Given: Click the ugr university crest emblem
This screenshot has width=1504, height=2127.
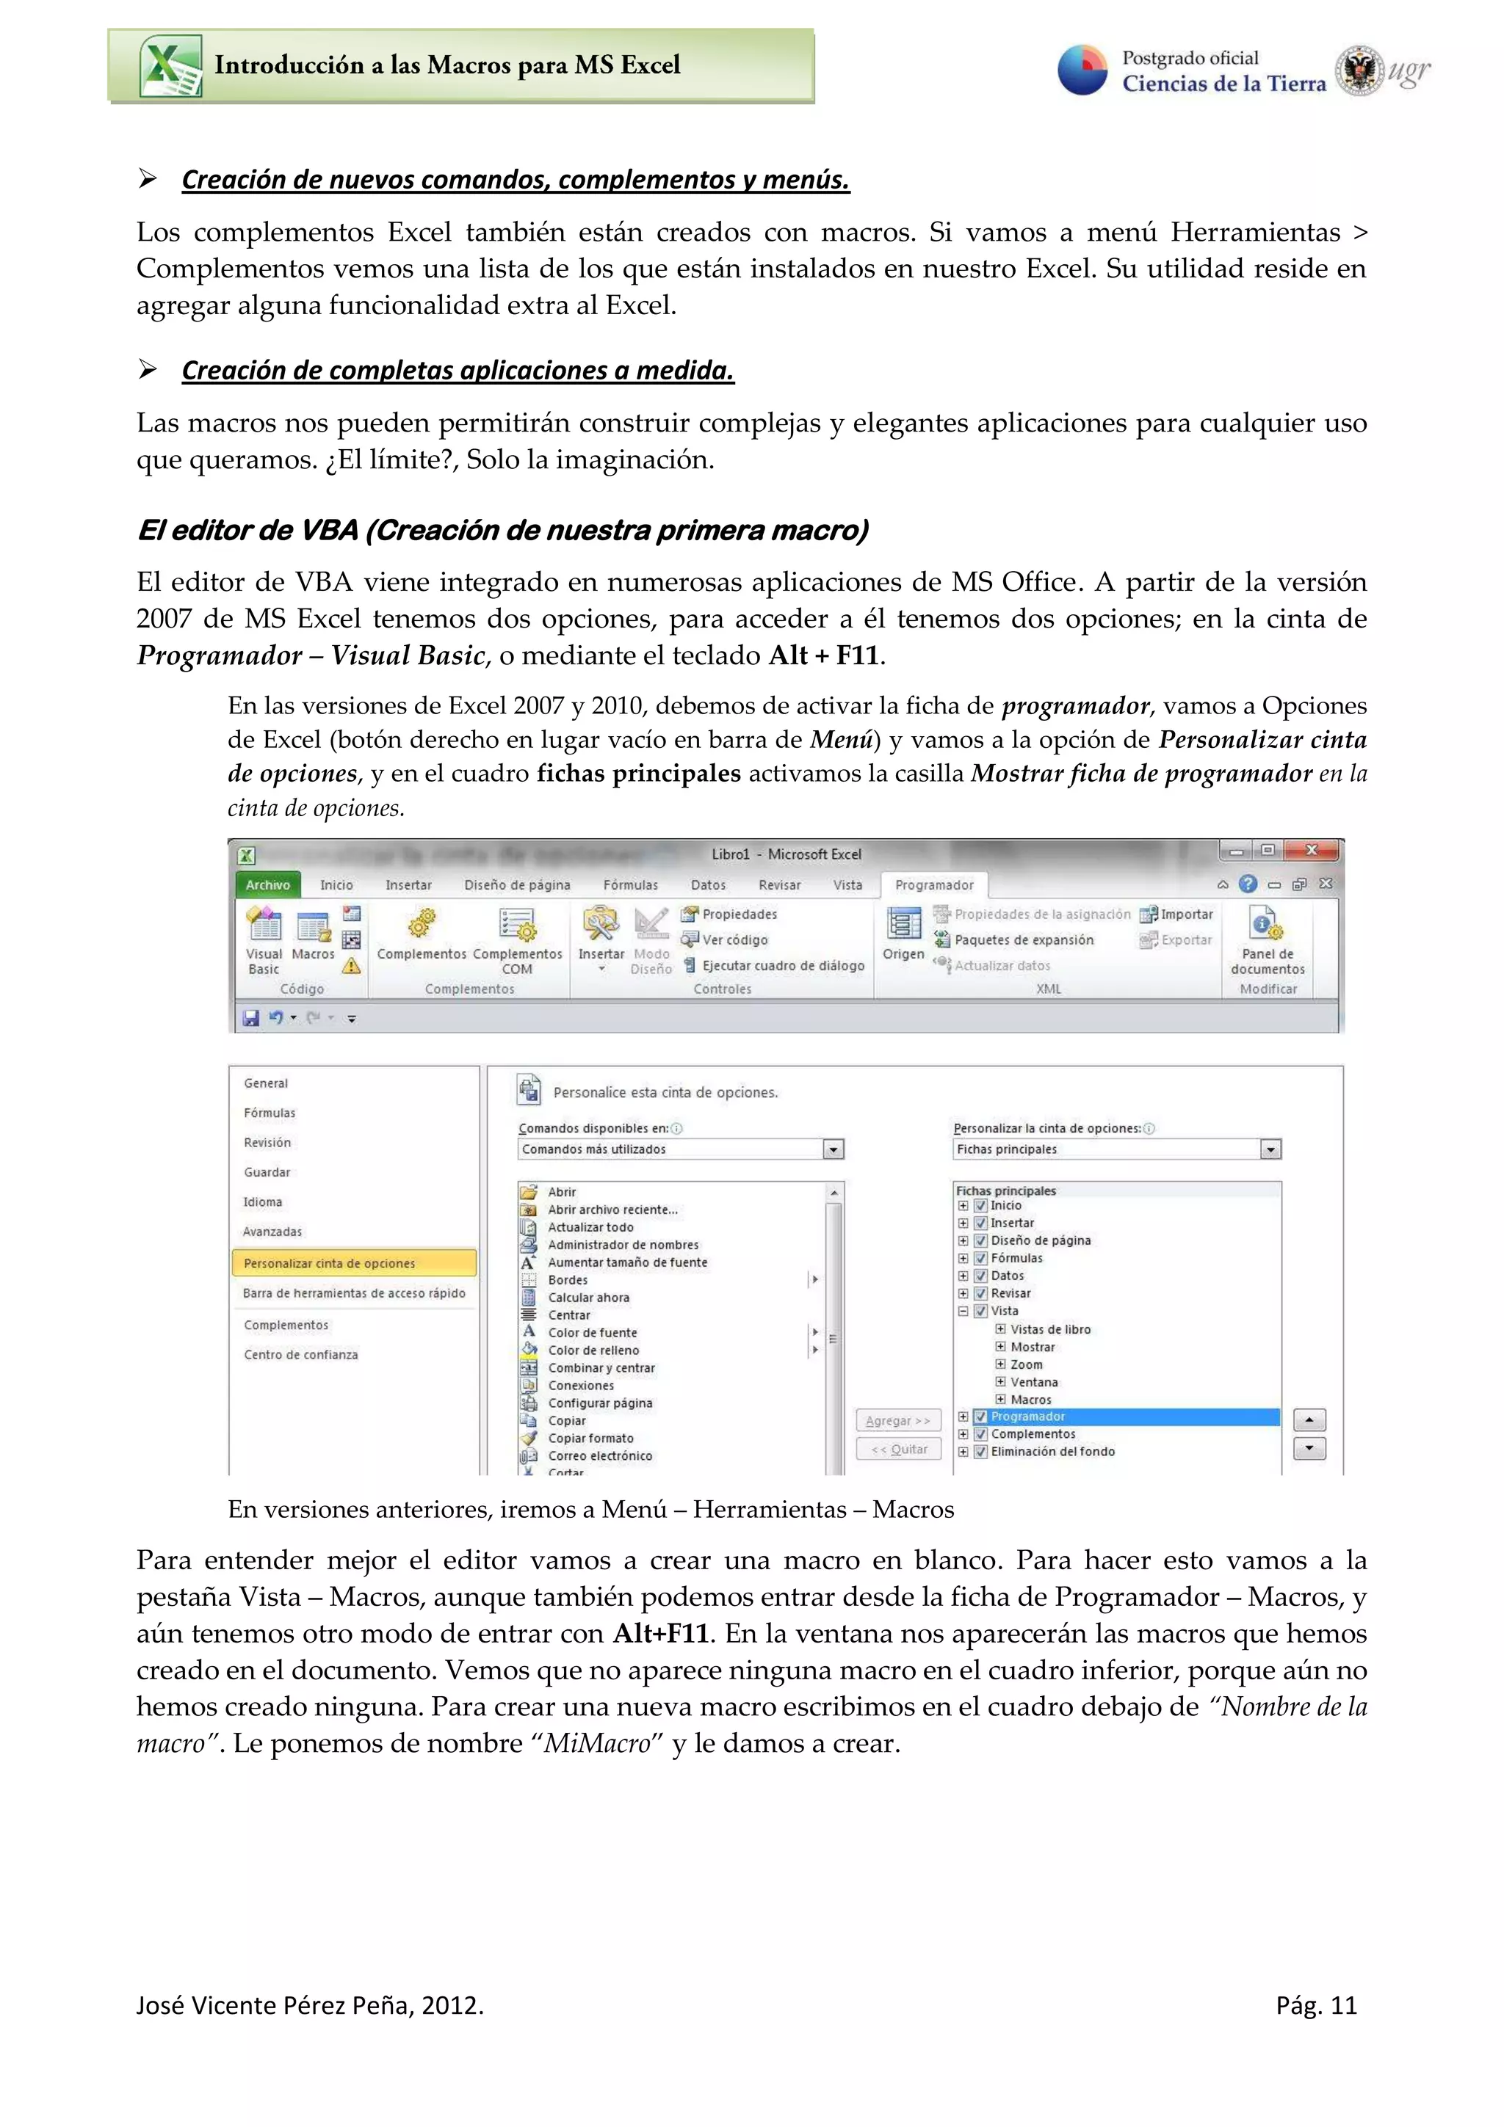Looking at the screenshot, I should click(x=1359, y=70).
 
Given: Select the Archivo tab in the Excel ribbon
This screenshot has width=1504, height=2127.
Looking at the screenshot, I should click(x=268, y=884).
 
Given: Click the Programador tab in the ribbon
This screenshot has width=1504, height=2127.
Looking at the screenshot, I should click(x=934, y=884).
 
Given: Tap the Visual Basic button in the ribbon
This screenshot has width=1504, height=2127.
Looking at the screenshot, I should click(x=264, y=939).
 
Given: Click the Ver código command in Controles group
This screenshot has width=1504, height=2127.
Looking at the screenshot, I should click(x=734, y=939).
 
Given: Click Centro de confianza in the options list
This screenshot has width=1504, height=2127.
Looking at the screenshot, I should click(x=300, y=1354).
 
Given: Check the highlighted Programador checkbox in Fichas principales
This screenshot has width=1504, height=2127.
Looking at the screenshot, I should click(x=980, y=1417).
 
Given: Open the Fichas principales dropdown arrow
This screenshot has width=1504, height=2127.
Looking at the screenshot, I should click(x=1270, y=1149).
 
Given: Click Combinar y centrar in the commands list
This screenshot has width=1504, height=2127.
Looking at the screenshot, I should click(x=601, y=1368).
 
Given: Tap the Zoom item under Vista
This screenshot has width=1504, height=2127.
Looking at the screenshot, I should click(x=1026, y=1364).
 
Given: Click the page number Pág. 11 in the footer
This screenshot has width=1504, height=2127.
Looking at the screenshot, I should click(x=1316, y=2006).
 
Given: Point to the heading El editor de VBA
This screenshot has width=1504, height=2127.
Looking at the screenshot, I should click(x=503, y=531).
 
